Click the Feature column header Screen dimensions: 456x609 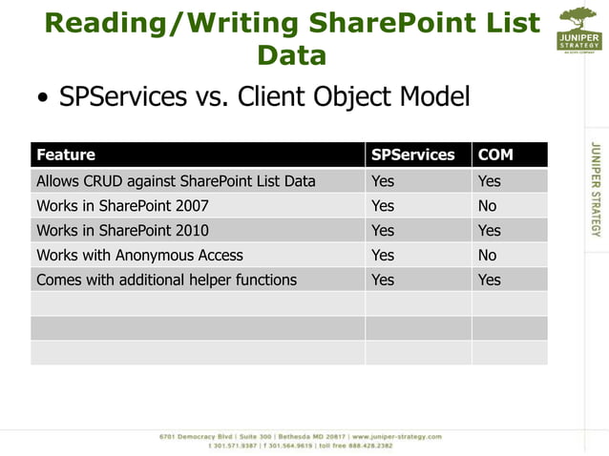pyautogui.click(x=66, y=155)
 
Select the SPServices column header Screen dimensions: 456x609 pyautogui.click(x=412, y=155)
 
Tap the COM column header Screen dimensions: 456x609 pyautogui.click(x=495, y=155)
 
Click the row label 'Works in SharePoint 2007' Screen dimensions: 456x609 pyautogui.click(x=122, y=205)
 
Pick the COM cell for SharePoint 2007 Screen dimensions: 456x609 pyautogui.click(x=487, y=205)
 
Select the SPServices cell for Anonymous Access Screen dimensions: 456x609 pyautogui.click(x=382, y=255)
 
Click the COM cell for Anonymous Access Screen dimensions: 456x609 pyautogui.click(x=487, y=255)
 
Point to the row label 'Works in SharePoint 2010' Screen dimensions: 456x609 pyautogui.click(x=122, y=230)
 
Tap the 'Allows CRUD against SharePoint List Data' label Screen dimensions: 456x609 pyautogui.click(x=176, y=180)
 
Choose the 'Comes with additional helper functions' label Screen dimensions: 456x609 pyautogui.click(x=166, y=280)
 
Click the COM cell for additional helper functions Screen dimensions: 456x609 pyautogui.click(x=489, y=280)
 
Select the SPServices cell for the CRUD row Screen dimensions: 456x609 pyautogui.click(x=382, y=180)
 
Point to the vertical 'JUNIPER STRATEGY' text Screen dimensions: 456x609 pyautogui.click(x=596, y=189)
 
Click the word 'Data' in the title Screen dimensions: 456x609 pyautogui.click(x=292, y=54)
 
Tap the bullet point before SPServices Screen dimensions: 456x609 pyautogui.click(x=43, y=99)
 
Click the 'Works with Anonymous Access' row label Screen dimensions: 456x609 pyautogui.click(x=139, y=255)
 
